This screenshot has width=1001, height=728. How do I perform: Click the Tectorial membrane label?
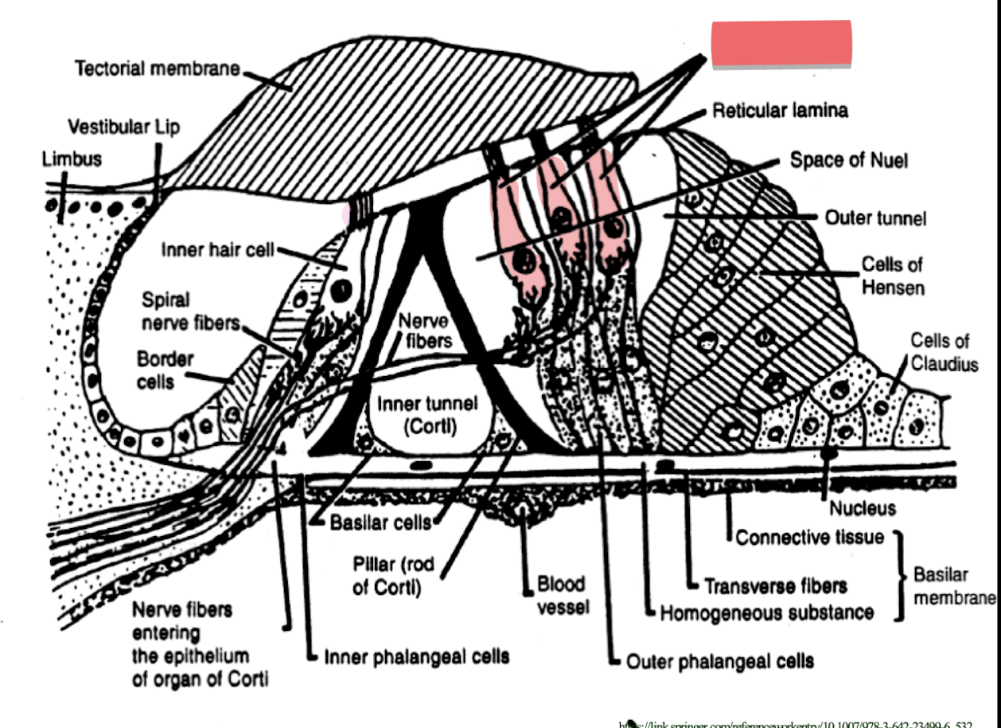coord(157,68)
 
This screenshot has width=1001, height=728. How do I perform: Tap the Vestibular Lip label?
coord(123,127)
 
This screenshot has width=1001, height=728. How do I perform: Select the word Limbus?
coord(72,159)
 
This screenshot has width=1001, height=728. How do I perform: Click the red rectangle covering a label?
coord(781,44)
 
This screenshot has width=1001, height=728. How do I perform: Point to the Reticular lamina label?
coord(780,111)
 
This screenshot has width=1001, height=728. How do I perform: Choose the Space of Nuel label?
coord(848,160)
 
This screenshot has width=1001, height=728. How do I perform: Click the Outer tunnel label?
coord(875,217)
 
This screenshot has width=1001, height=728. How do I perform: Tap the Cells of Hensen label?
coord(893,275)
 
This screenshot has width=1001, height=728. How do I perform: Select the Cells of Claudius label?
coord(945,352)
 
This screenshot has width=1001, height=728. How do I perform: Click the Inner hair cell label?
coord(217,250)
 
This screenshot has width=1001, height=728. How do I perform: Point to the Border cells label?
coord(165,370)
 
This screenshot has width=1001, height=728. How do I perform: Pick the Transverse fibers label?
coord(776,586)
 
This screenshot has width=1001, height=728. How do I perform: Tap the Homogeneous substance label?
coord(767,613)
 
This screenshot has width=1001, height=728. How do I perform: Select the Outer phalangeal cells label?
coord(720,660)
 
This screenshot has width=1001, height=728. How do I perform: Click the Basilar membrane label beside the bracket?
coord(952,586)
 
